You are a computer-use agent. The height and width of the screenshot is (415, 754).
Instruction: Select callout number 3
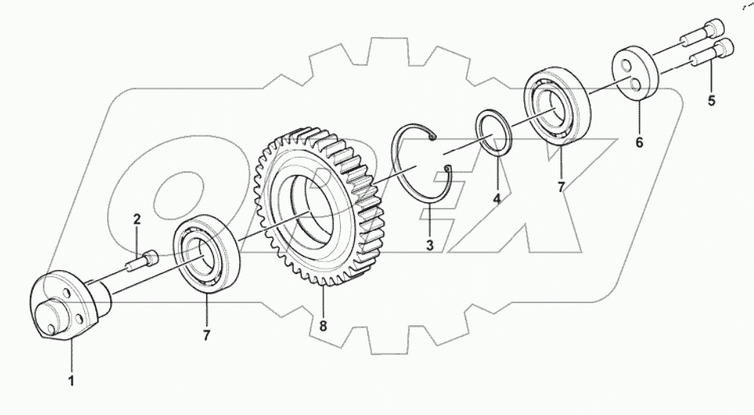(430, 245)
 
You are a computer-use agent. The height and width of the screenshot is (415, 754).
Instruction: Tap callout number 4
(497, 200)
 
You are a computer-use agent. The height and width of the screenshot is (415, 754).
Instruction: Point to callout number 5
(711, 101)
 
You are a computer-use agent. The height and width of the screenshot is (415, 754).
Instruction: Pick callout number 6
(639, 143)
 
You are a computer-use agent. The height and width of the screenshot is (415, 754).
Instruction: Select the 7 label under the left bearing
(206, 335)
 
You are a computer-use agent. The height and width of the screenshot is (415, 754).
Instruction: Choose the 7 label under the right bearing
(561, 188)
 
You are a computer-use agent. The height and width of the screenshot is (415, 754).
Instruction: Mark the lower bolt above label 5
(711, 55)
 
